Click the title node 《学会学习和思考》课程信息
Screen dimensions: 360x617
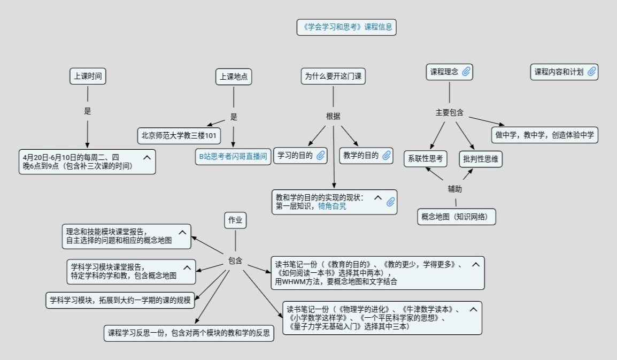(x=346, y=27)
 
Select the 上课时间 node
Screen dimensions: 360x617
(x=88, y=76)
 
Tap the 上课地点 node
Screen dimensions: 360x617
(x=234, y=76)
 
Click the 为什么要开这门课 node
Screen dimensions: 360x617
(x=333, y=76)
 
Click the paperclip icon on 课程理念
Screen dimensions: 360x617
(x=466, y=72)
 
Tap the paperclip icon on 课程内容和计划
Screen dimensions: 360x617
(x=591, y=72)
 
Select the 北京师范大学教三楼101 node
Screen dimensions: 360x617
(x=179, y=136)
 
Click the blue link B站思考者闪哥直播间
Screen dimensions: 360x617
(x=233, y=156)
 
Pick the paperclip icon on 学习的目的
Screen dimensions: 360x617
(x=321, y=156)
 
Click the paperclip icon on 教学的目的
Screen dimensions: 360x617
(x=387, y=156)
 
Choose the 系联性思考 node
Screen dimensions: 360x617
(x=426, y=158)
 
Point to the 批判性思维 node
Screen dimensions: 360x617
(x=481, y=159)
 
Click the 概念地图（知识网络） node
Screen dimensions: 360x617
(x=456, y=217)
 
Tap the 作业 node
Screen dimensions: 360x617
(x=235, y=220)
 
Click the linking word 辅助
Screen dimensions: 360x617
(x=455, y=189)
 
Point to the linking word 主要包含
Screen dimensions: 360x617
(x=449, y=113)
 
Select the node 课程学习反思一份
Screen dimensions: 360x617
(x=189, y=333)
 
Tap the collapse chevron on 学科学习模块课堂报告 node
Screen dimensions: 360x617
(x=187, y=267)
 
